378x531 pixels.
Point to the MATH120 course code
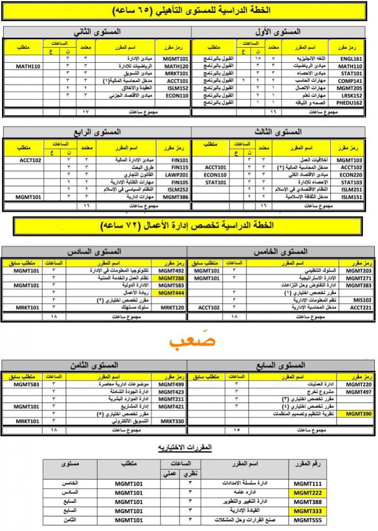pos(174,66)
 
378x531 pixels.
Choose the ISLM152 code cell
pos(176,88)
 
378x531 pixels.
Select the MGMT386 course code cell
pos(174,197)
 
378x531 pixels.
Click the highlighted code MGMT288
pos(171,278)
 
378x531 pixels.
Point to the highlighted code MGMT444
pos(171,293)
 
